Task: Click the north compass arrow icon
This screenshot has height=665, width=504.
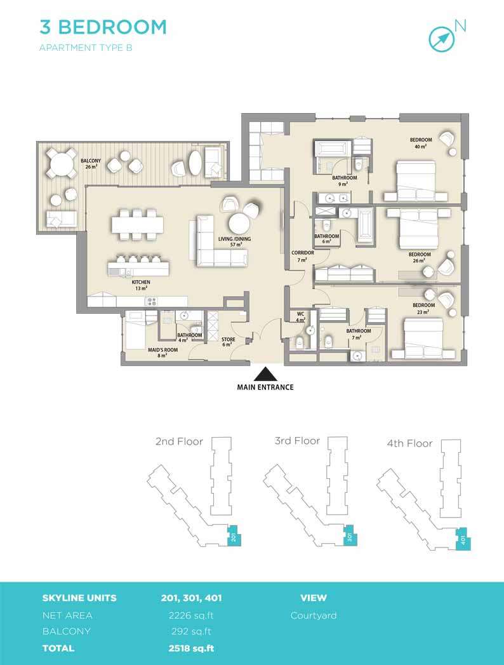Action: click(441, 37)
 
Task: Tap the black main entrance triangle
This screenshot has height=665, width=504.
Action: click(265, 374)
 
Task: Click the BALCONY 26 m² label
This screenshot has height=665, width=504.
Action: click(91, 164)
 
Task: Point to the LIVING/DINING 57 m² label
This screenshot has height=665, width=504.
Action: click(234, 242)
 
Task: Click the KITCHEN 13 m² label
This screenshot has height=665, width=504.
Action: click(141, 285)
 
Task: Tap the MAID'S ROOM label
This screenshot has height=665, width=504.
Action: click(162, 353)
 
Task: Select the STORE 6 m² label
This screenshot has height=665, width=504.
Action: click(228, 342)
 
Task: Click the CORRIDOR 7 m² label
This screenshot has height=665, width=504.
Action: click(303, 256)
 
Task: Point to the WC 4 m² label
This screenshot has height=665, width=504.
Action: click(300, 317)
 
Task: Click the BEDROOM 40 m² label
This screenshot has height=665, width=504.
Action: click(420, 143)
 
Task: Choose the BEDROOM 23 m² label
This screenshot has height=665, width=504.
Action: click(423, 308)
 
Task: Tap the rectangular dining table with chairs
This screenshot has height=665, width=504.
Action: click(137, 225)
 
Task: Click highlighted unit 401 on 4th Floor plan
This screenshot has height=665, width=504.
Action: click(463, 539)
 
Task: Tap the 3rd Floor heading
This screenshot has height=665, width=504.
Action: click(297, 441)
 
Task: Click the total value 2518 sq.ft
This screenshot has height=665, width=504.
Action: click(191, 648)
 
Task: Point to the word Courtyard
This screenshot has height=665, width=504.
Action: click(313, 615)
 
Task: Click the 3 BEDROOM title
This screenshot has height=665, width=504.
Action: click(103, 27)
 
